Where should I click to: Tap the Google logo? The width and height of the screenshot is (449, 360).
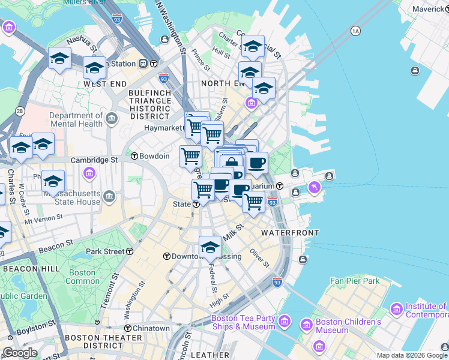pos(20,353)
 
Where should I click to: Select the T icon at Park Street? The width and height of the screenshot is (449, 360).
pos(130,251)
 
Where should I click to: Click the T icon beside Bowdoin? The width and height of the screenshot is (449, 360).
pos(134,156)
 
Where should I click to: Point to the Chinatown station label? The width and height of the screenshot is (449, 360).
pos(151,328)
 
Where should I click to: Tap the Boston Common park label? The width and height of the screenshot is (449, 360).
pos(82,277)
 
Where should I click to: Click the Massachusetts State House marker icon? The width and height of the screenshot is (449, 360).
pos(109,196)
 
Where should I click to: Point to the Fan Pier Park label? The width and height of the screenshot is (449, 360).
pos(355,281)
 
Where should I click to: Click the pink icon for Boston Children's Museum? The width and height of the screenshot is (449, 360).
pos(306,325)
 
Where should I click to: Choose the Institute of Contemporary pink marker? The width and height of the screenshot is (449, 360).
pos(396,310)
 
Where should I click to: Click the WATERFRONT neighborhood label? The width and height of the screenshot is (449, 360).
pos(290,232)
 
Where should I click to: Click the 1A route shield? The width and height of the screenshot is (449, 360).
pos(355,30)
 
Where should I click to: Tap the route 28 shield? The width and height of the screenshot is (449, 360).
pos(20,111)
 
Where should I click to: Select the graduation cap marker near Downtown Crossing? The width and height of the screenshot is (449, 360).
pos(210,247)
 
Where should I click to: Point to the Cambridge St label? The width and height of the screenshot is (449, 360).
pos(94,160)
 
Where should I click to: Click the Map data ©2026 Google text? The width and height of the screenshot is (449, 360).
pos(412,355)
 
